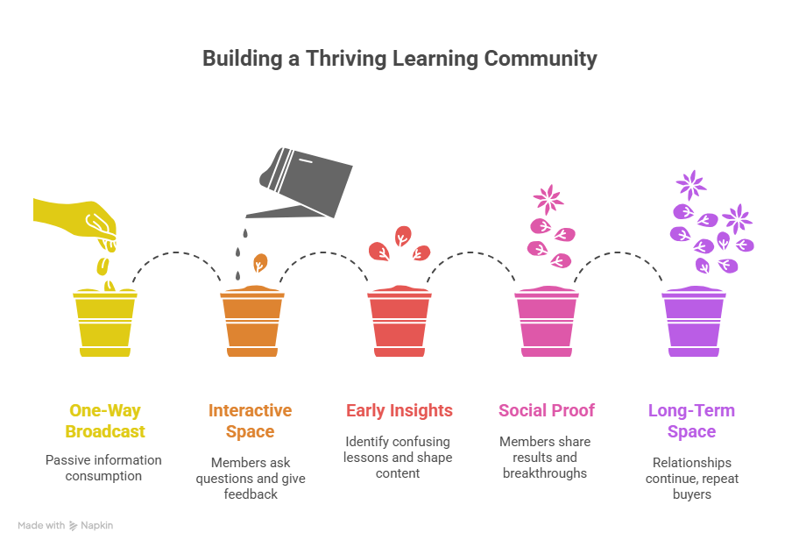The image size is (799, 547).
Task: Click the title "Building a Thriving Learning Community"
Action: pyautogui.click(x=399, y=59)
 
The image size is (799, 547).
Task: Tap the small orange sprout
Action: pyautogui.click(x=259, y=263)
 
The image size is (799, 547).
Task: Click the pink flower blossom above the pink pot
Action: pyautogui.click(x=548, y=199)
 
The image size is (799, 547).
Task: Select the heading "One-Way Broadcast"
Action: pyautogui.click(x=104, y=421)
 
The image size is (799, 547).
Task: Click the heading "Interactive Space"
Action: pyautogui.click(x=251, y=421)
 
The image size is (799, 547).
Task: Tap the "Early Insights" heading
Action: pyautogui.click(x=399, y=410)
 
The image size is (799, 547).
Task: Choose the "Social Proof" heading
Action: pyautogui.click(x=547, y=410)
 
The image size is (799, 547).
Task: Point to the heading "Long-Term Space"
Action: pyautogui.click(x=691, y=421)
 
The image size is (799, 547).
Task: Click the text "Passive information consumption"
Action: pyautogui.click(x=104, y=468)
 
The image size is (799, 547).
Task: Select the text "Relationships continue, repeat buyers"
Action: pyautogui.click(x=691, y=479)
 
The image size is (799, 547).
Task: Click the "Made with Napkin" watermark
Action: pyautogui.click(x=66, y=526)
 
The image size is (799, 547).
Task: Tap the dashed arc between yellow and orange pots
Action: pyautogui.click(x=178, y=254)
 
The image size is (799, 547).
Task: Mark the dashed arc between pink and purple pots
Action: pyautogui.click(x=619, y=254)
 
